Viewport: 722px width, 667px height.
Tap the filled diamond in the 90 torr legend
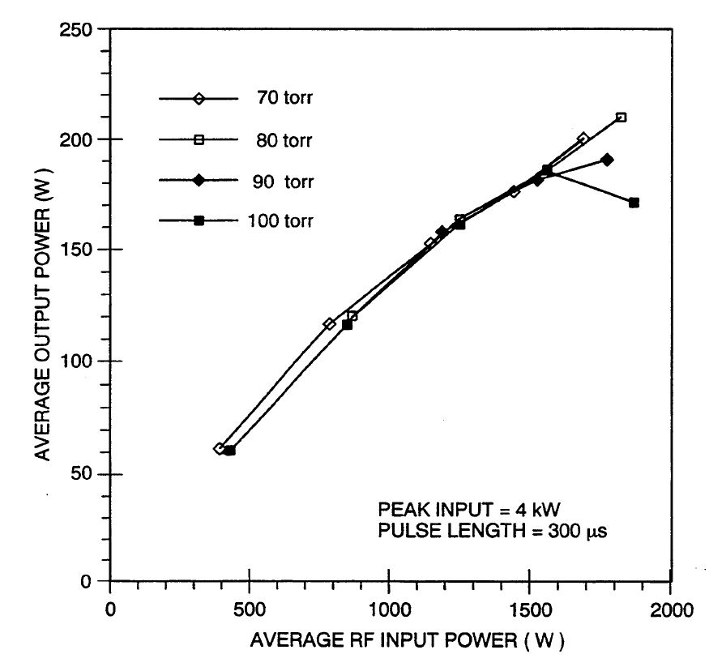pos(199,181)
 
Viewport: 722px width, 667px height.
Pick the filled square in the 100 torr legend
pos(199,220)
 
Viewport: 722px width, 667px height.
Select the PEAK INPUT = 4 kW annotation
pos(469,509)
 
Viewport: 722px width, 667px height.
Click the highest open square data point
pos(621,118)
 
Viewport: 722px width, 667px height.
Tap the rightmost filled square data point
pos(634,203)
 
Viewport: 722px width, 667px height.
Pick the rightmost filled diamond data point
pos(607,160)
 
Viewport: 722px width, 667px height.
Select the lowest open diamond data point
pos(219,448)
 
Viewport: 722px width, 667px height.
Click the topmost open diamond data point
pos(583,139)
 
